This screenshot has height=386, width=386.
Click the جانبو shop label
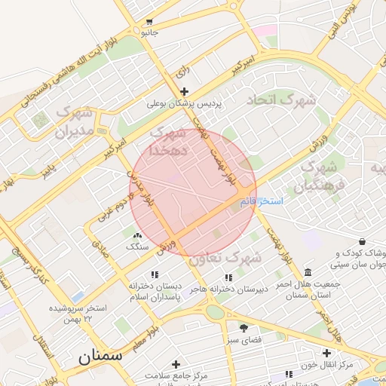point(150,33)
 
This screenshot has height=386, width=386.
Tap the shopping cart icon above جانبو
point(150,21)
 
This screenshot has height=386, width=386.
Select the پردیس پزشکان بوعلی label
point(185,104)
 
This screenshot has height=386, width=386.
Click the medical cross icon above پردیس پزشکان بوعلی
point(185,91)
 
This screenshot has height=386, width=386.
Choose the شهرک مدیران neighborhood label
point(73,123)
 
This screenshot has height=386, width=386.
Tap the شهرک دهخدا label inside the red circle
point(167,142)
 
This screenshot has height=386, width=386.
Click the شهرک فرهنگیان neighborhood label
point(323,174)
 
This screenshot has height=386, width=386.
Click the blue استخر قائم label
point(261,201)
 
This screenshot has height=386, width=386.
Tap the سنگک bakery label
point(138,247)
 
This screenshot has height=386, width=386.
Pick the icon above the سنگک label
point(137,235)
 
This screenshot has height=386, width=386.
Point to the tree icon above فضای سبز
point(244,328)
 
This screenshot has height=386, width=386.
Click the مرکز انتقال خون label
point(326,365)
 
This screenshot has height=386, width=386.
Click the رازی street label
point(182,73)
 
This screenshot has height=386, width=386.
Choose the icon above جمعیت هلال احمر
point(307,272)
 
